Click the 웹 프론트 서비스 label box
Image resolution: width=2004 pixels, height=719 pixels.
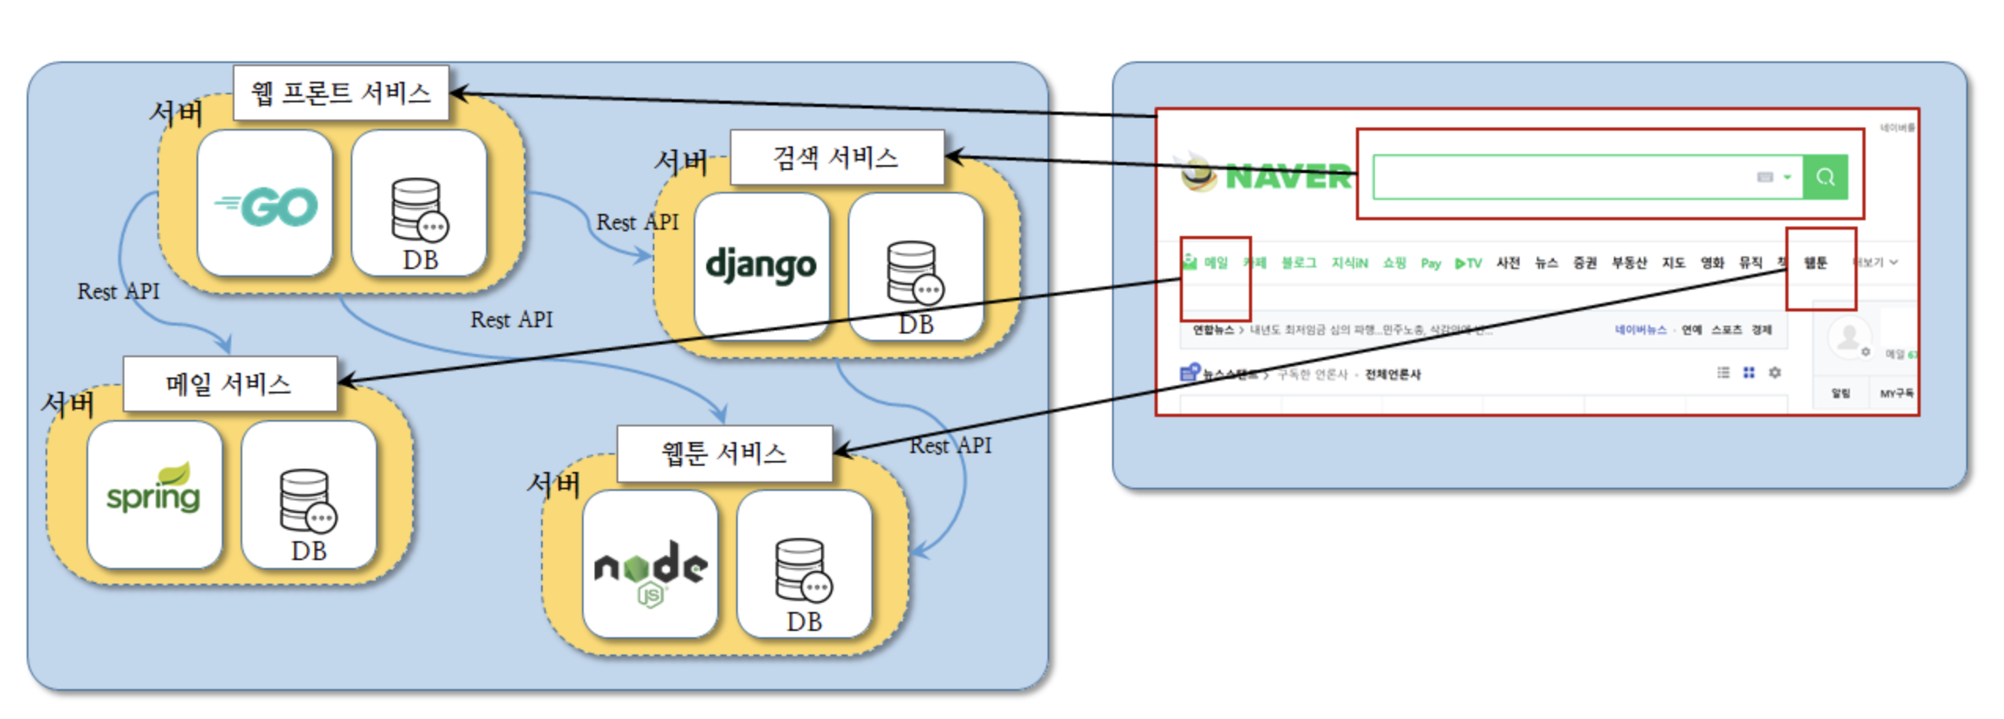(341, 94)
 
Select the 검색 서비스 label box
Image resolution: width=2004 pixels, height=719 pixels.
(836, 158)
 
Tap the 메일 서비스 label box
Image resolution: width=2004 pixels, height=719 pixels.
(229, 384)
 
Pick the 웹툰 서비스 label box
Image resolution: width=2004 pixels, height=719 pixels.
(724, 454)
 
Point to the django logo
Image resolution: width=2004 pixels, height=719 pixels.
(761, 266)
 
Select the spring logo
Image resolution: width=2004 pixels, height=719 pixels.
(154, 492)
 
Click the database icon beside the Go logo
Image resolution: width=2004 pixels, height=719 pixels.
(418, 209)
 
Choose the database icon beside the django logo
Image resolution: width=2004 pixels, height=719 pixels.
(915, 272)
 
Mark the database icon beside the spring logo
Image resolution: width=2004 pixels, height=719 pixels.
(308, 500)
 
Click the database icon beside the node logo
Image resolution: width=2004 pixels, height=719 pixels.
(803, 570)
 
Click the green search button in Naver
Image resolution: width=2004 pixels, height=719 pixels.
(1825, 177)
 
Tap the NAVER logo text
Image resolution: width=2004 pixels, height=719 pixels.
(1288, 177)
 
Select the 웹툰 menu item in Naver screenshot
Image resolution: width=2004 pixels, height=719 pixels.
(1815, 263)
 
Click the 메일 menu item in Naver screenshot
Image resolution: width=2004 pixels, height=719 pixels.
(1215, 263)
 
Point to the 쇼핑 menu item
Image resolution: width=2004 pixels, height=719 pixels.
(1394, 263)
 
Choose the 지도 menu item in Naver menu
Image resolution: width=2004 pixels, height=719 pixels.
(1673, 263)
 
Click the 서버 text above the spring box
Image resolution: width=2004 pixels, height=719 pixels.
(68, 404)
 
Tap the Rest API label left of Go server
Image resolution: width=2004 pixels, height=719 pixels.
(118, 292)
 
